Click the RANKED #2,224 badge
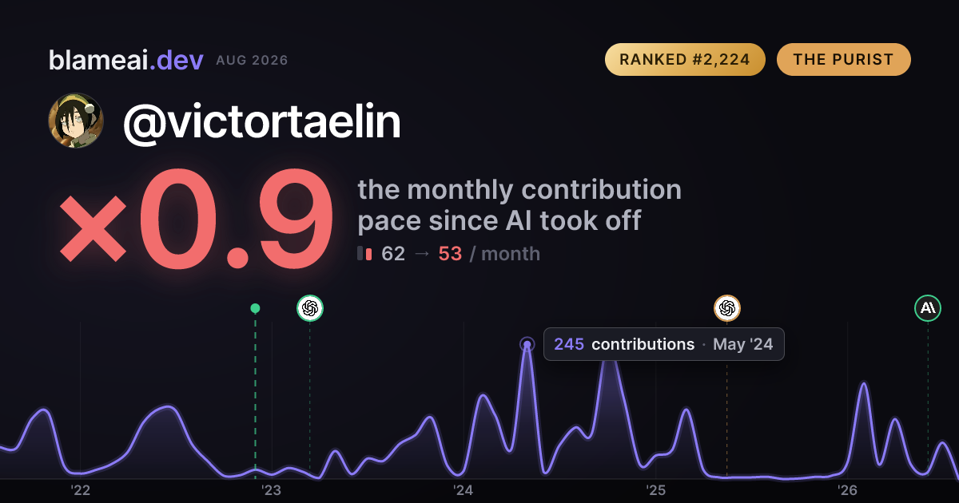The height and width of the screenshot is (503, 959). coord(685,59)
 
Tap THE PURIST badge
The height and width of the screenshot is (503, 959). coord(843,59)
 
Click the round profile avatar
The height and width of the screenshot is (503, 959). coord(76,121)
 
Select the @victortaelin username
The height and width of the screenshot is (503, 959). coord(261,122)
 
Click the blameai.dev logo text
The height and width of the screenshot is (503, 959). coord(126,60)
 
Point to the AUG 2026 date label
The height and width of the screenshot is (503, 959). coord(252,61)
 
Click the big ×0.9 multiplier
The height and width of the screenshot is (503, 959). coord(196,218)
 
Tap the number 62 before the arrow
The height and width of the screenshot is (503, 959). coord(393,254)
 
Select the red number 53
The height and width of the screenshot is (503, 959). coord(450,254)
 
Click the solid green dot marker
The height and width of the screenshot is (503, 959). coord(255,308)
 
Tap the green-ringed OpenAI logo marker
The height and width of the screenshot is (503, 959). coord(310,308)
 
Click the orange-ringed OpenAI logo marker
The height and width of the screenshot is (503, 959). coord(727,308)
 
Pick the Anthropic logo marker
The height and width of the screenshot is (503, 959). coord(928,308)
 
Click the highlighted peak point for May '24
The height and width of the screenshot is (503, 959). coord(527,344)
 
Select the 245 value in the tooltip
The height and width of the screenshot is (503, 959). coord(569,344)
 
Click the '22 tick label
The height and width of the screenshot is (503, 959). coord(80,490)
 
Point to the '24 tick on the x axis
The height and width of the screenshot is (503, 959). coord(464,490)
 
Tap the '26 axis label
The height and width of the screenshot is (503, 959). coord(847,490)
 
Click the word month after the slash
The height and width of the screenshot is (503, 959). coord(511,254)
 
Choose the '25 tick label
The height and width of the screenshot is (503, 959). coord(655,490)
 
